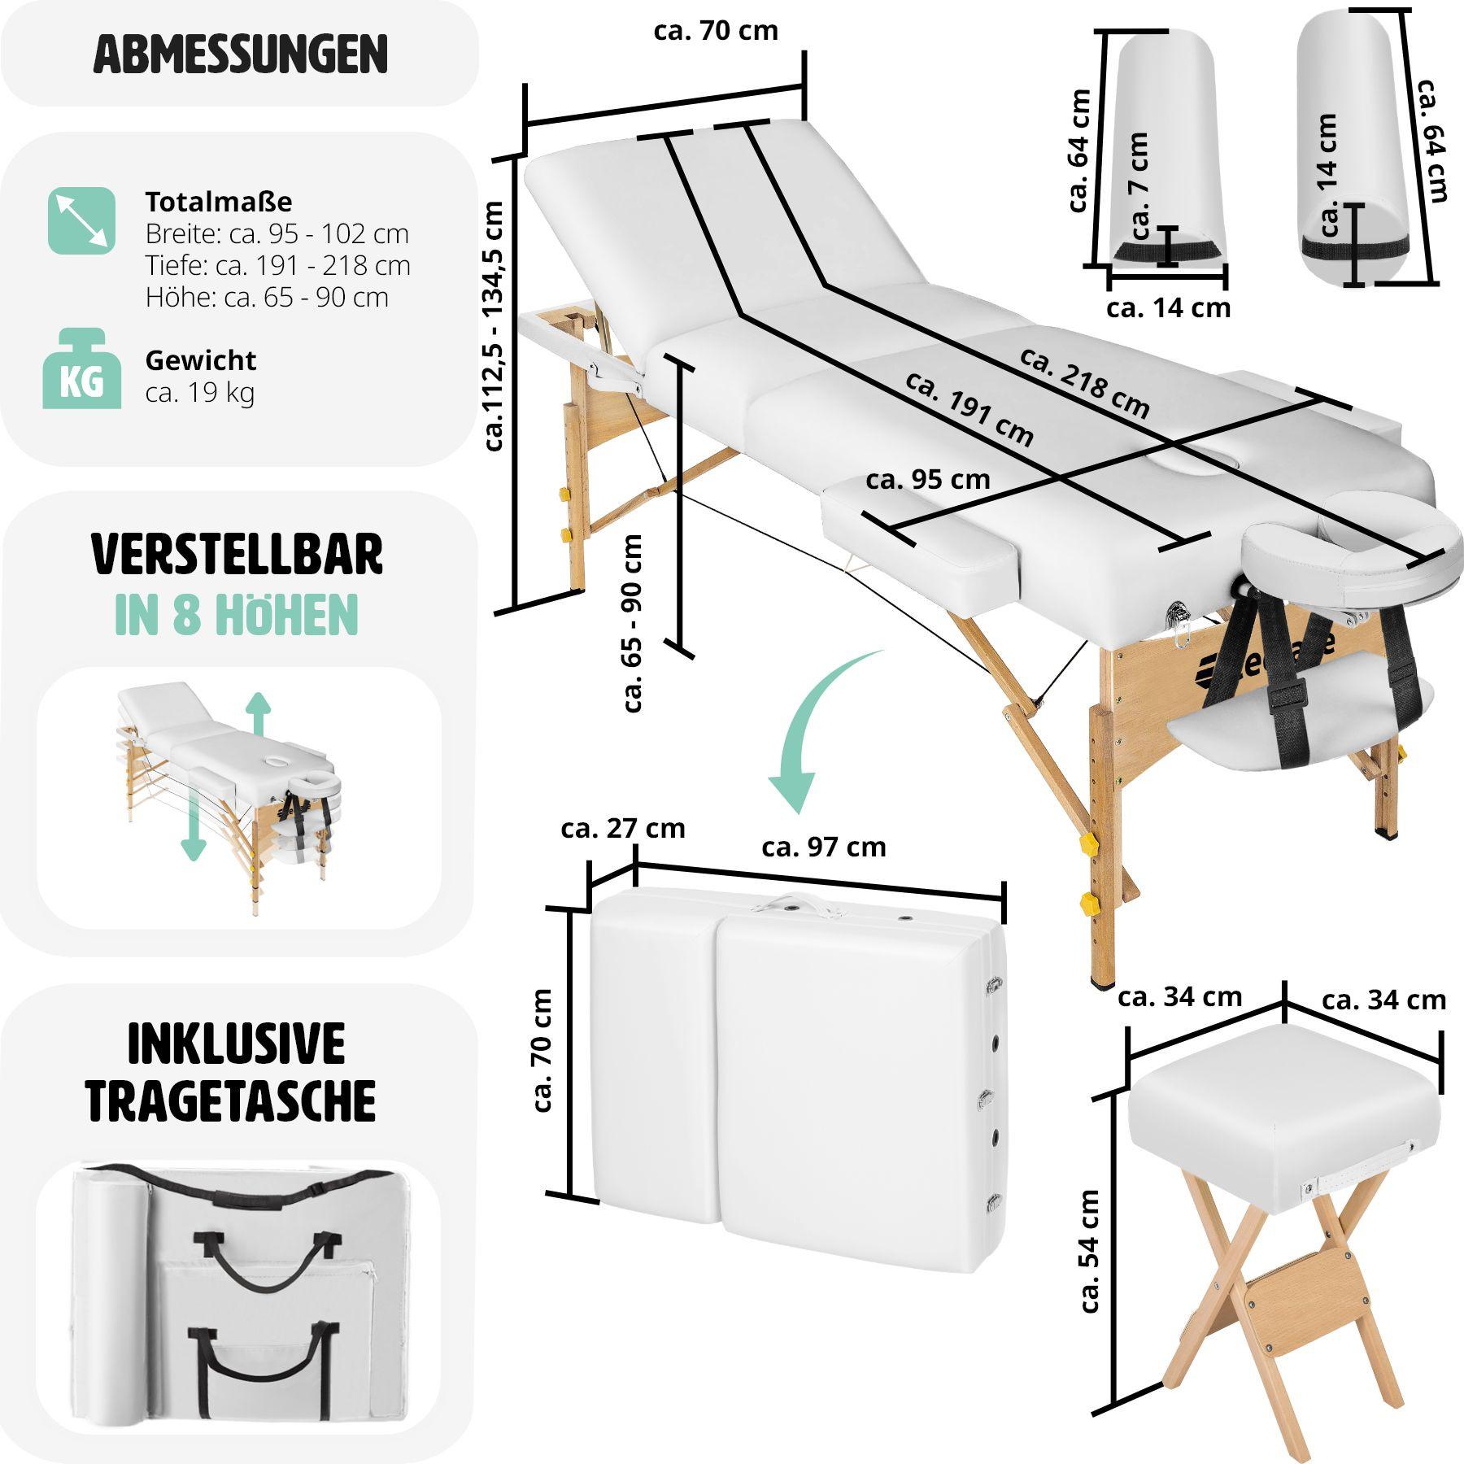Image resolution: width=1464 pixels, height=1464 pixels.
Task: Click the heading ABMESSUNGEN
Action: [240, 54]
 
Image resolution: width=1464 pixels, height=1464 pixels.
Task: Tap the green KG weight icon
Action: [81, 369]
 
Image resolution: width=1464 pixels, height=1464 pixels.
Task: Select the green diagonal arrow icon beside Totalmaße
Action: [81, 220]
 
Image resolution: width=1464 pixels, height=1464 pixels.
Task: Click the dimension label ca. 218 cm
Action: [1084, 383]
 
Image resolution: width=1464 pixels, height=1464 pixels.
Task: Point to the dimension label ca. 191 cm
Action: [969, 409]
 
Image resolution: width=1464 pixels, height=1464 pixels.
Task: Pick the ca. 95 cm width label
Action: [927, 480]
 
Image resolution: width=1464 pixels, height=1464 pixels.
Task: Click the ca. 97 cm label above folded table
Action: [823, 847]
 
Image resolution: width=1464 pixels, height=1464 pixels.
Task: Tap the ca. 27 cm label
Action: [622, 829]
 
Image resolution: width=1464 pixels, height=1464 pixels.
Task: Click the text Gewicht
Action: [200, 360]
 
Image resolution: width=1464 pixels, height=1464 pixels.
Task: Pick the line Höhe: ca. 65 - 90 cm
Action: [267, 298]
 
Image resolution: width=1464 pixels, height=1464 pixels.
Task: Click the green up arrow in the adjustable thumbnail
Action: [259, 713]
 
